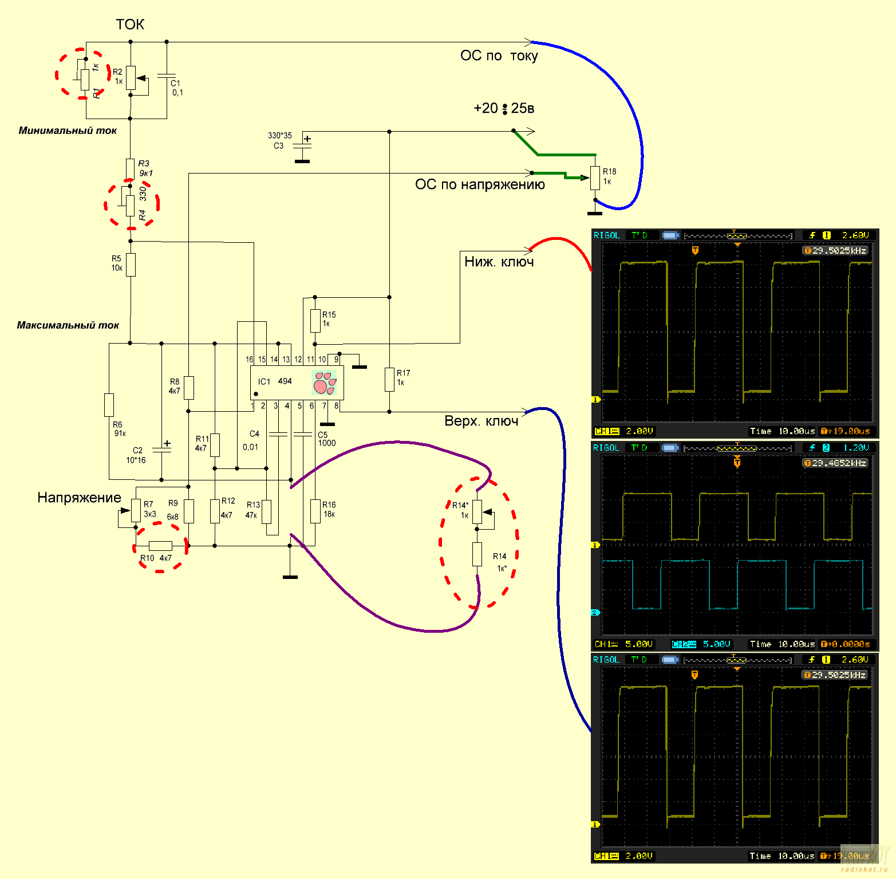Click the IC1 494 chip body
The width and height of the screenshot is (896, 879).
coord(297,383)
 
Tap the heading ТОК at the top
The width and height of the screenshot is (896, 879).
coord(130,25)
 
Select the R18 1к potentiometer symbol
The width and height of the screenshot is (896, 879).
coord(595,178)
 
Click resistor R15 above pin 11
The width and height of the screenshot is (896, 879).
coord(315,321)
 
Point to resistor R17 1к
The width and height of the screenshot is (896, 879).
coord(389,379)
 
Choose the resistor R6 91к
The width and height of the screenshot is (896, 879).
coord(109,405)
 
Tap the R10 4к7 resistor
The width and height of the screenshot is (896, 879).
coord(160,546)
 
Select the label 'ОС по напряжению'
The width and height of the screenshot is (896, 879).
coord(480,184)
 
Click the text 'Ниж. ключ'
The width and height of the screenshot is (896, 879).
coord(499,262)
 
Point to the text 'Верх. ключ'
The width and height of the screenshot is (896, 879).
coord(481,421)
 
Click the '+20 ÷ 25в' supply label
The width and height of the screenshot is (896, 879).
coord(504,108)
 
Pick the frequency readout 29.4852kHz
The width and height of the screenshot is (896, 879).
coord(835,463)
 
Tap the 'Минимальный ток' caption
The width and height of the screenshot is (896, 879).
coord(68,131)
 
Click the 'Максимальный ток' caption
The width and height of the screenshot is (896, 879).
coord(68,325)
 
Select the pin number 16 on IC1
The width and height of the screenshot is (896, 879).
coord(250,360)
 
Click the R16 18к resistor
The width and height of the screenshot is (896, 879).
coord(315,511)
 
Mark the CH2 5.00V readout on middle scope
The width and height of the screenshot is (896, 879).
coord(701,644)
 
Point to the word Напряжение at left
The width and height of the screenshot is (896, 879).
coord(79,498)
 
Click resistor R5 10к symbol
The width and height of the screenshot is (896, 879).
coord(131,265)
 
